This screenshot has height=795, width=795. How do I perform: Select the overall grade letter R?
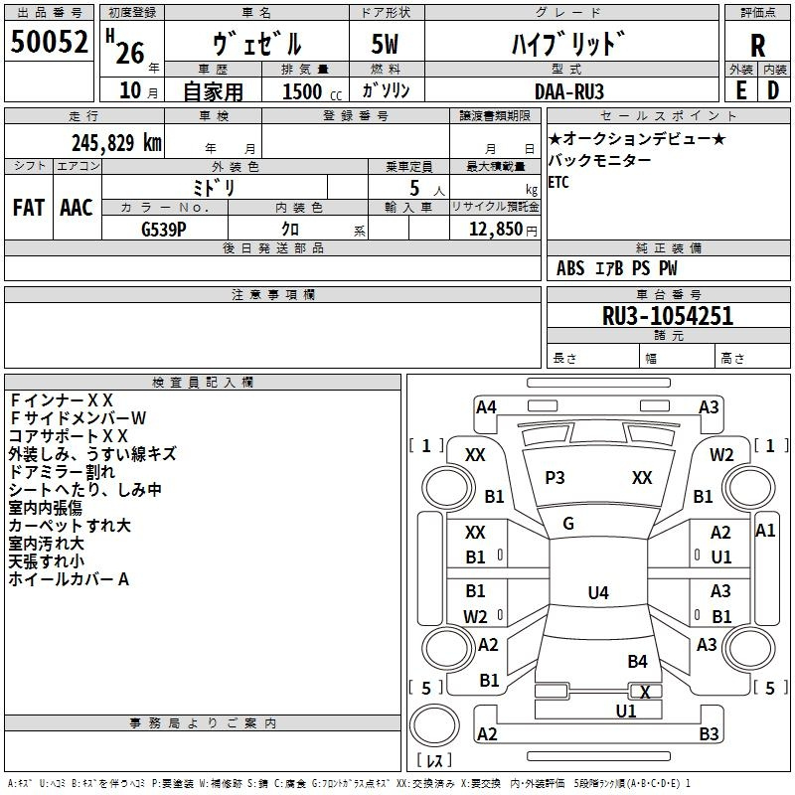point(757,46)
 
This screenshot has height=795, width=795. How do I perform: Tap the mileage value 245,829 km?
point(117,143)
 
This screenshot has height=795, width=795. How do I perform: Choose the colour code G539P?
point(163,228)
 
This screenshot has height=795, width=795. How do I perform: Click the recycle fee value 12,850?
point(494,228)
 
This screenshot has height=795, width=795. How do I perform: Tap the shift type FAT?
point(29,207)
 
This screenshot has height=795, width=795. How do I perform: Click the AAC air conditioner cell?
point(77,207)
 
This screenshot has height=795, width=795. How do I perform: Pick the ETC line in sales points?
point(558,183)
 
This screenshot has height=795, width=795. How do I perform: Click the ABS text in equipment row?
point(570,267)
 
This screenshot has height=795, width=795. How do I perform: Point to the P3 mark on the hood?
point(555,478)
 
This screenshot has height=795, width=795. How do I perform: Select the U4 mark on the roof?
point(597,593)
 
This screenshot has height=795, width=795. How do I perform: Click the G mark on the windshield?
point(568,524)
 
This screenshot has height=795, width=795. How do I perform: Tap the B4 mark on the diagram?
point(637,661)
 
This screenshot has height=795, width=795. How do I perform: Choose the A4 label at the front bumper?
point(486,406)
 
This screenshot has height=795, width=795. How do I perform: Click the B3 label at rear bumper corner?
point(709,734)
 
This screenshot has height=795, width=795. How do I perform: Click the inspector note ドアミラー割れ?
point(62,471)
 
